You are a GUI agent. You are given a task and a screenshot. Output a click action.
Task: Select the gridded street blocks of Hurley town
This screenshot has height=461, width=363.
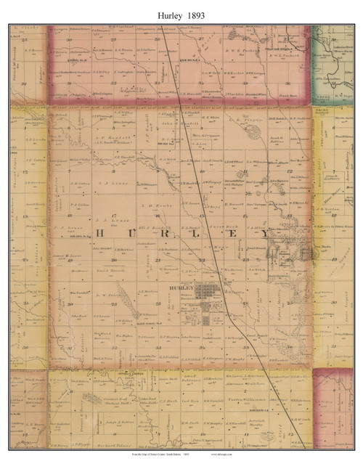[207, 294]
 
